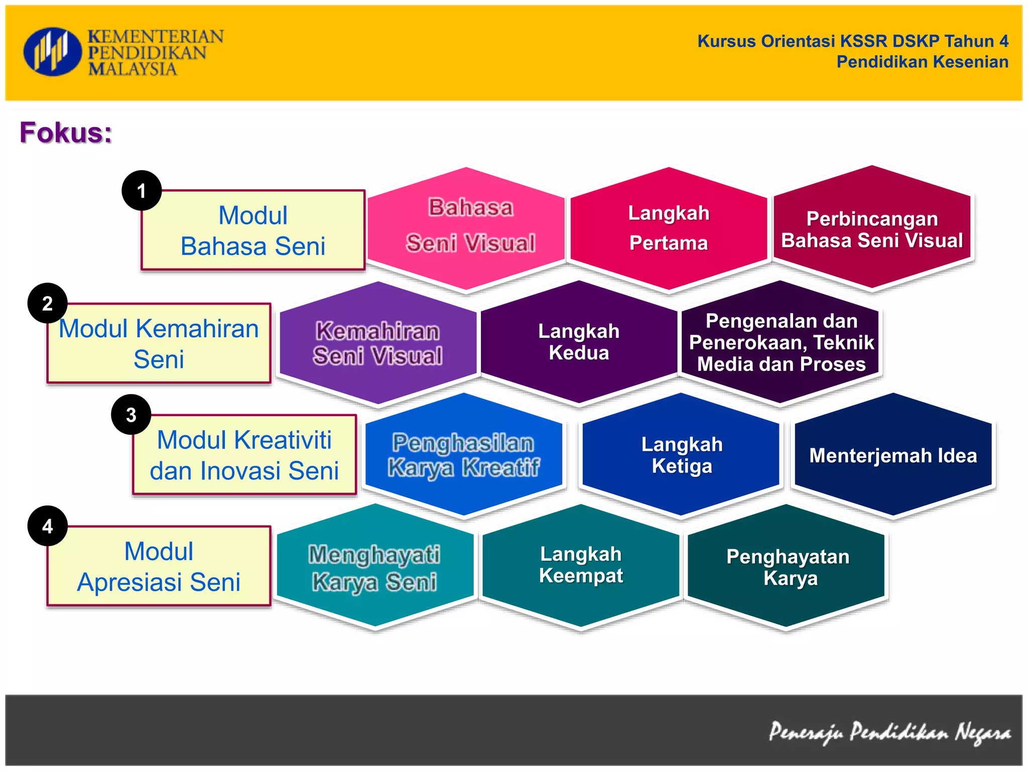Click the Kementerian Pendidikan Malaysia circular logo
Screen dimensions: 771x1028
click(52, 52)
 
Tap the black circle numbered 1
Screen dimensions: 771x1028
click(142, 191)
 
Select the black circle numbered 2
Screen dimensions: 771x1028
click(48, 303)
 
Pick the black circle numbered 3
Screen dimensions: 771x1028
click(131, 415)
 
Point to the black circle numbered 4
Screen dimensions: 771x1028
click(48, 526)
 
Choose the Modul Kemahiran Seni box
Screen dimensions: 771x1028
click(159, 344)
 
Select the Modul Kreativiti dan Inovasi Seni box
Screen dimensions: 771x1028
click(244, 455)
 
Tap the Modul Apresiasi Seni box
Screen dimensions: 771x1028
click(159, 567)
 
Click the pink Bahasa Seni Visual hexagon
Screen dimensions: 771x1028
click(466, 228)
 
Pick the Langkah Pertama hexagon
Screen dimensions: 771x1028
click(669, 228)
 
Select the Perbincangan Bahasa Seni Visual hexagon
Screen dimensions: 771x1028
click(872, 228)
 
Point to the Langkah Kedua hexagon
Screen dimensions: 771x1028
click(579, 342)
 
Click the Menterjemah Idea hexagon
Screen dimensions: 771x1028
click(893, 455)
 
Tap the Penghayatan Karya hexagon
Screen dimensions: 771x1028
click(787, 567)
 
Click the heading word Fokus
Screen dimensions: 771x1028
click(66, 133)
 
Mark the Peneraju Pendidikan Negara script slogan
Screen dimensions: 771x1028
click(889, 732)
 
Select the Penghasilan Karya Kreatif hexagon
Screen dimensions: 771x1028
click(464, 455)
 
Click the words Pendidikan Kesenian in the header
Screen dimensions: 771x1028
click(922, 62)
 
